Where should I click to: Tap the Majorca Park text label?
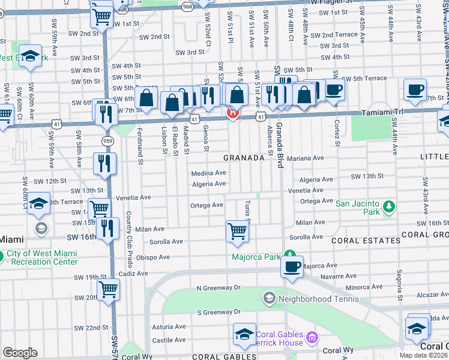(257, 257)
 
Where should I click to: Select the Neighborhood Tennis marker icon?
(270, 297)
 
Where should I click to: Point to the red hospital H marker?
(232, 112)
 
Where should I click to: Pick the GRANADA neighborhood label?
(244, 158)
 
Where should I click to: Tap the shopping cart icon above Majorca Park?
(237, 231)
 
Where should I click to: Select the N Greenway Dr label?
(218, 288)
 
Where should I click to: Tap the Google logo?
(20, 353)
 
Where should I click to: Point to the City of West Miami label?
(42, 253)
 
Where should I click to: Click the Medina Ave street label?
(208, 173)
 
